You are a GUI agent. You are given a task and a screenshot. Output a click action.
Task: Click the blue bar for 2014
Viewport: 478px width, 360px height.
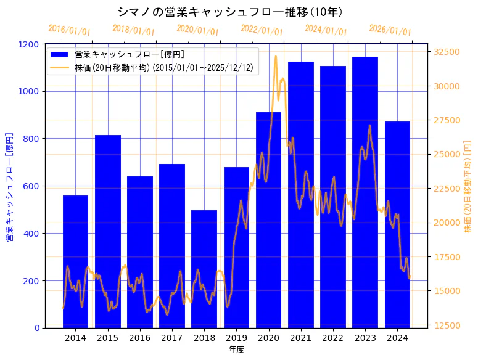(x=75, y=261)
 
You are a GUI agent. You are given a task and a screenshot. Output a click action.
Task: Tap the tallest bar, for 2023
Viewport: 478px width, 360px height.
(x=365, y=192)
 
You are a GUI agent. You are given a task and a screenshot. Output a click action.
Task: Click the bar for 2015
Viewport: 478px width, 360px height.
(x=107, y=231)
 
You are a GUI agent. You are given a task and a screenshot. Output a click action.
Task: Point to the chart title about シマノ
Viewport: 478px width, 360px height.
(x=231, y=12)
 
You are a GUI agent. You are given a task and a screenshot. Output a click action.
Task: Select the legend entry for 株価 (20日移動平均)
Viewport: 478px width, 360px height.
(x=163, y=67)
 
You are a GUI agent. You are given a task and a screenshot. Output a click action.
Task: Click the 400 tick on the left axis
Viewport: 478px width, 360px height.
(x=31, y=234)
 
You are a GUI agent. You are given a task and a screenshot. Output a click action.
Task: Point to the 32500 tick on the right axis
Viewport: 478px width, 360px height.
(x=446, y=52)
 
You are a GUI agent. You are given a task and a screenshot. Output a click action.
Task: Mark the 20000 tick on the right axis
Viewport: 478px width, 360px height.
(x=446, y=223)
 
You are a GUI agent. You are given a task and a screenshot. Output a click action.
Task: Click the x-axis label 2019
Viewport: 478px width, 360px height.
(x=236, y=338)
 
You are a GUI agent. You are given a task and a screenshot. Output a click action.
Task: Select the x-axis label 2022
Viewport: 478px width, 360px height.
(x=332, y=338)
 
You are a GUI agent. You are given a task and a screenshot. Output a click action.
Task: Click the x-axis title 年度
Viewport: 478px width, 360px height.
(x=236, y=350)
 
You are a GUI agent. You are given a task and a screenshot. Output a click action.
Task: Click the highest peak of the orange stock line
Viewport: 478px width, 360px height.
(x=276, y=56)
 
